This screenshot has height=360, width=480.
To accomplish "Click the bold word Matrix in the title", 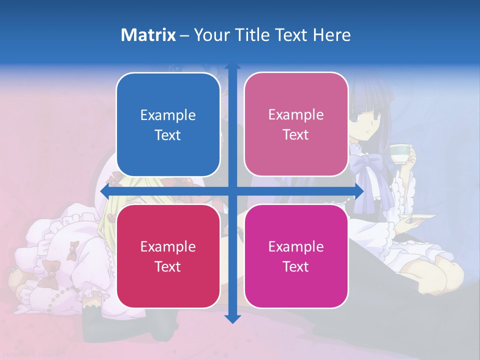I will [148, 35].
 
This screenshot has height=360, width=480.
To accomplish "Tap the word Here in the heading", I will [331, 35].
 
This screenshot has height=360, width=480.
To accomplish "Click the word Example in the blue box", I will [168, 115].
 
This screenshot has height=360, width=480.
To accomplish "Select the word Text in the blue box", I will [168, 135].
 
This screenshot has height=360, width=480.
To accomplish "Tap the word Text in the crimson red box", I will [168, 266].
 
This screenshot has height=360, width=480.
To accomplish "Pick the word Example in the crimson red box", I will [168, 246].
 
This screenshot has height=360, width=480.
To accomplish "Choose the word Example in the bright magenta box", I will [296, 246].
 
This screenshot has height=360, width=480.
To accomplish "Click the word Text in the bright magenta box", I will [296, 266].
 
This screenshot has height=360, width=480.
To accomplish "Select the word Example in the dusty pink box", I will [296, 115].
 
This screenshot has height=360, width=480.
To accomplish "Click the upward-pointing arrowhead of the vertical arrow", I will [232, 66].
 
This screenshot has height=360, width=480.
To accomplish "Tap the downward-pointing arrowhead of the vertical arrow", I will [232, 318].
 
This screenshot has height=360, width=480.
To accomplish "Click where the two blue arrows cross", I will [232, 191].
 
